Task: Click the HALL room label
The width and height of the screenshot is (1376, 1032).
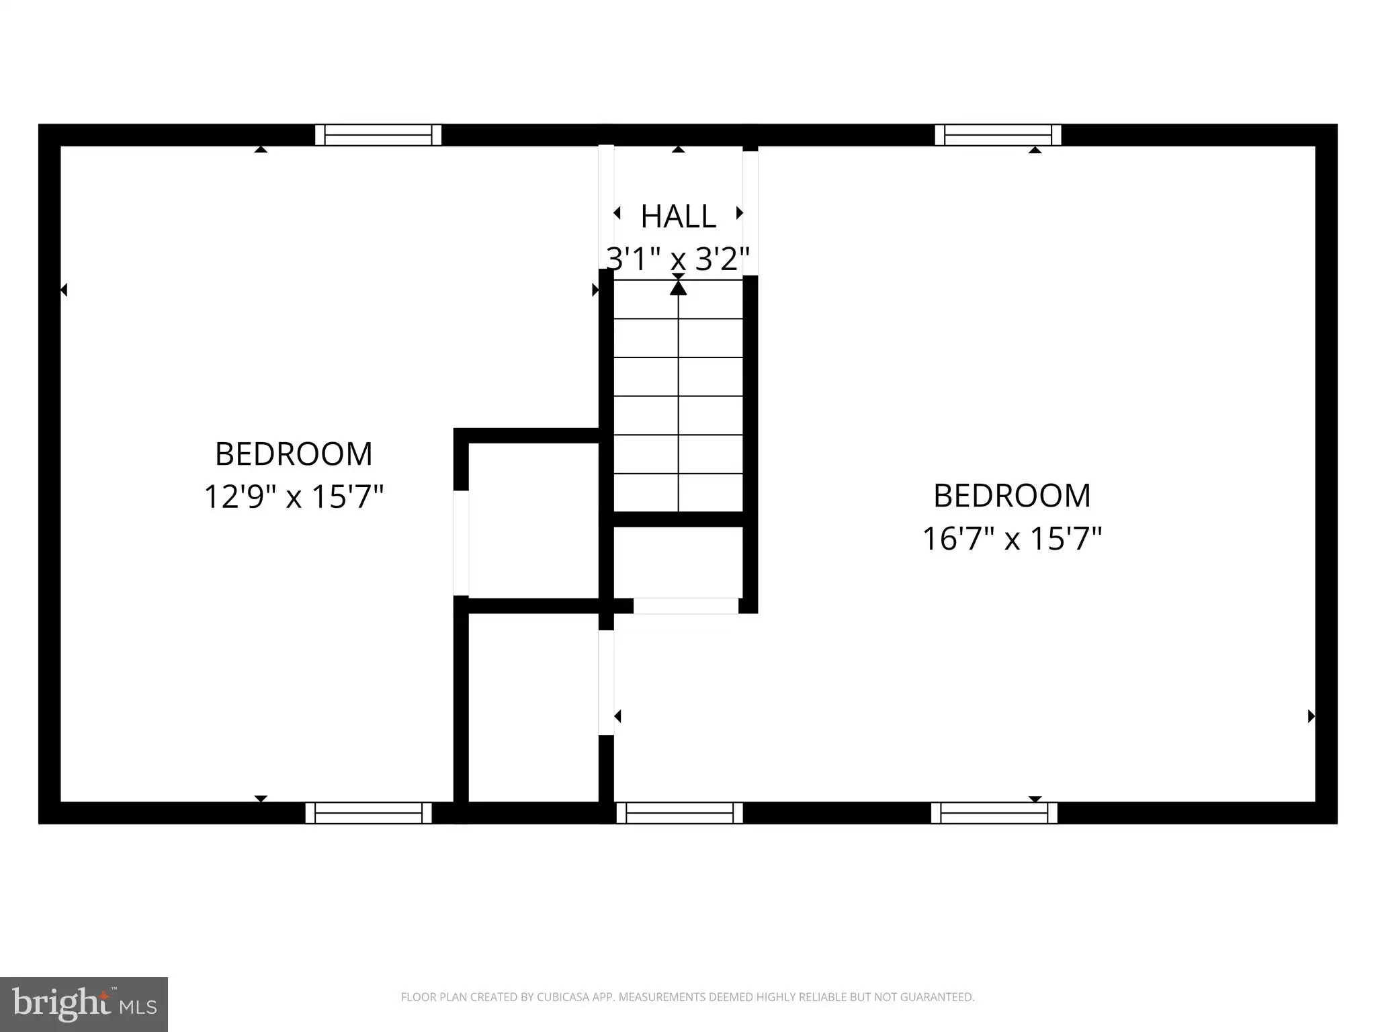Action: click(x=678, y=216)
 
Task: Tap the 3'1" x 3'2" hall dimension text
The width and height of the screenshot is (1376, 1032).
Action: click(x=678, y=259)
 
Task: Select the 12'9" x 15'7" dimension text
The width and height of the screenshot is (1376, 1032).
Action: click(x=294, y=497)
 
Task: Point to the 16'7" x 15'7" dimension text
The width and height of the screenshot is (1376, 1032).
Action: click(x=1012, y=539)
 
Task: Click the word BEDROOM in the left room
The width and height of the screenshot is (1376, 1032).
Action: click(x=294, y=454)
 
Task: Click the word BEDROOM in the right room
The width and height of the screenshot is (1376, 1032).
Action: click(x=1012, y=496)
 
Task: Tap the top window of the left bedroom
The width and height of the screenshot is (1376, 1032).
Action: click(x=378, y=135)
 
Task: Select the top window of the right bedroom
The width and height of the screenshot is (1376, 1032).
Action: click(x=998, y=135)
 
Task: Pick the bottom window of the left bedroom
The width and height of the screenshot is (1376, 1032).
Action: click(x=369, y=813)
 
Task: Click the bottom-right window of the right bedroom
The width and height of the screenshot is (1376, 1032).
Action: click(x=994, y=813)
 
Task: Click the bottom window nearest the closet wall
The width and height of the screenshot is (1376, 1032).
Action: click(x=680, y=813)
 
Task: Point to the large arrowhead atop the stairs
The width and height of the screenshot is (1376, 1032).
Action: click(x=679, y=288)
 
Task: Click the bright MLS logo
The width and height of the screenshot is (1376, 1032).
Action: click(x=84, y=1004)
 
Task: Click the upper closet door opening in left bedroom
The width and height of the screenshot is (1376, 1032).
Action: click(x=461, y=543)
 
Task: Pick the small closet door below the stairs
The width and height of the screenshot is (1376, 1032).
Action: click(x=686, y=605)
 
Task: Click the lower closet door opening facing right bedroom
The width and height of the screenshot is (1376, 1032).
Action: click(x=606, y=683)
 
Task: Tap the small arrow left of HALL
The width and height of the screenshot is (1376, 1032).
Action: click(x=617, y=213)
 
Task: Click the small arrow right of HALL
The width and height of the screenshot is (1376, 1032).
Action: click(x=740, y=213)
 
